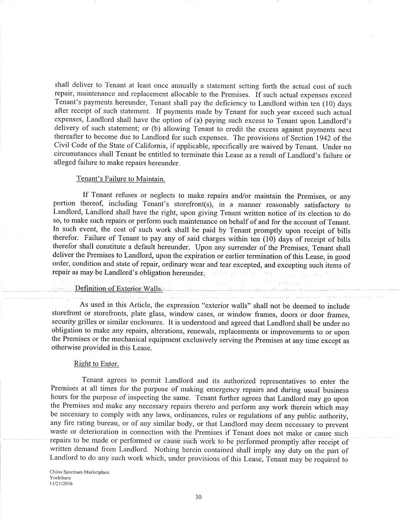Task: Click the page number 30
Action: (x=198, y=497)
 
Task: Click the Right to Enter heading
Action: (x=96, y=364)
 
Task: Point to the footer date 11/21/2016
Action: (x=61, y=484)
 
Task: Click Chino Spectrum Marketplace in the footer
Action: (x=79, y=472)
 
